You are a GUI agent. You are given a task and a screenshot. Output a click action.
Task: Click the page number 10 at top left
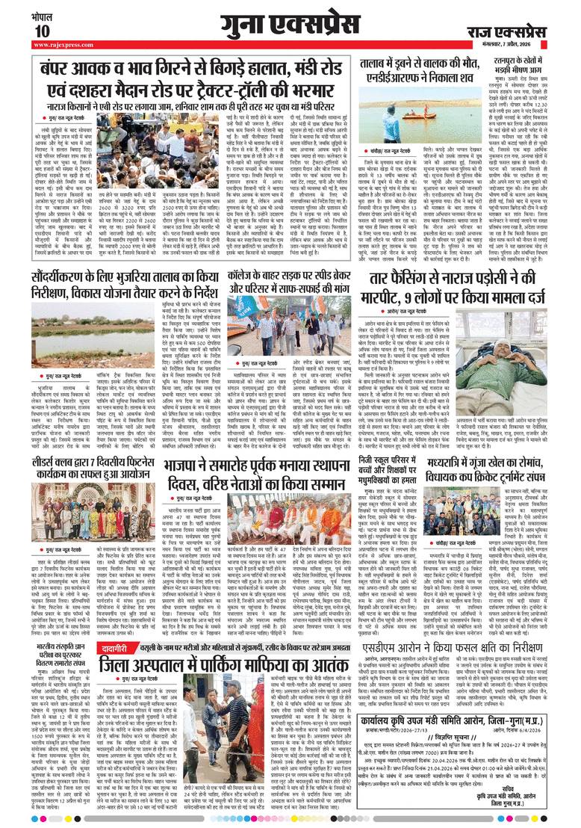pyautogui.click(x=40, y=31)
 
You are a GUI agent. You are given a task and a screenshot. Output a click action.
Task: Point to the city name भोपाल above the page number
pyautogui.click(x=42, y=14)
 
